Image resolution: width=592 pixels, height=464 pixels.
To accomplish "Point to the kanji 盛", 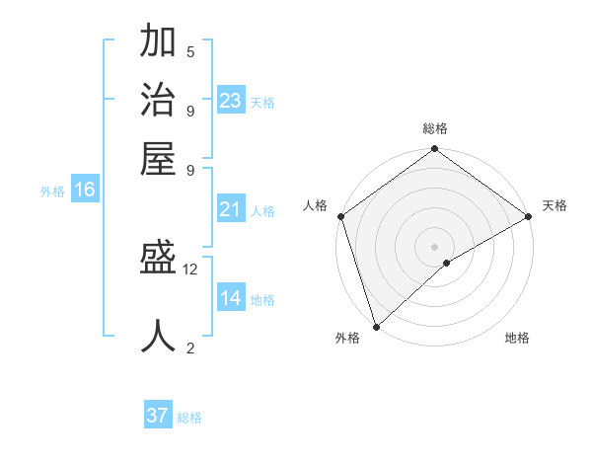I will click(x=159, y=261).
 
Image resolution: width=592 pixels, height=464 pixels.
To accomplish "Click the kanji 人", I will click(x=159, y=336).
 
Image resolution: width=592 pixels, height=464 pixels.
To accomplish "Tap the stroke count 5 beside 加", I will click(x=190, y=51).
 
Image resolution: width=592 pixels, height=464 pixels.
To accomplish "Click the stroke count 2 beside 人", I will click(x=190, y=348).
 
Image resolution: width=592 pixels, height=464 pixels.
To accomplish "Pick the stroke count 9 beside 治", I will click(x=190, y=111).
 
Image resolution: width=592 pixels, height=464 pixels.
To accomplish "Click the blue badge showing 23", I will click(x=231, y=101).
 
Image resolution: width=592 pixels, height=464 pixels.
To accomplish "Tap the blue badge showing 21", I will click(x=231, y=209).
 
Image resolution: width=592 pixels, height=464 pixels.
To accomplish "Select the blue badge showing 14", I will click(x=231, y=298).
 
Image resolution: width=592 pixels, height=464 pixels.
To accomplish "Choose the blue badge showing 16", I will click(x=85, y=191).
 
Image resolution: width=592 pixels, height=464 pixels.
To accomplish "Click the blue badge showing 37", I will click(x=158, y=416).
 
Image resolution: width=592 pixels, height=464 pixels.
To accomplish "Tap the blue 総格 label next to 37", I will click(x=189, y=418).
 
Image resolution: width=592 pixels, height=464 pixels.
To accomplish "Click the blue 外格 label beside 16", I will click(x=52, y=192).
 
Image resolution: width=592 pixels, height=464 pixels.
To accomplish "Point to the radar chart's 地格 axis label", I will click(x=517, y=339).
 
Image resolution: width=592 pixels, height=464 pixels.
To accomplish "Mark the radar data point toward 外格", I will click(x=376, y=327).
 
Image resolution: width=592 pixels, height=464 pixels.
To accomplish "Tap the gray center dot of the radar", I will click(x=434, y=246).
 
